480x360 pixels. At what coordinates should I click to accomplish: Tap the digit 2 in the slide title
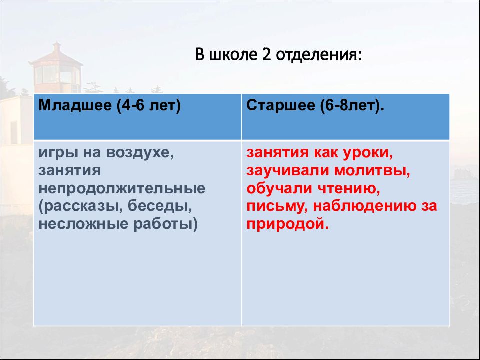coord(267,55)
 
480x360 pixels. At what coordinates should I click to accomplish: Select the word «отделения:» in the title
coord(319,55)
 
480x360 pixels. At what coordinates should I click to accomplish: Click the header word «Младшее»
coord(75,105)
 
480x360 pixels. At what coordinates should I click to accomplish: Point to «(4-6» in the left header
coord(130,106)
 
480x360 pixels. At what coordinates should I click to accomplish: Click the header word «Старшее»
coord(280,106)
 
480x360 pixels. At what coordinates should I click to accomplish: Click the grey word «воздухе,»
coord(140,153)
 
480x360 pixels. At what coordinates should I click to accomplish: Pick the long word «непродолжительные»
coord(122,189)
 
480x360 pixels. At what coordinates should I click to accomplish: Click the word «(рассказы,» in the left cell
coord(81,207)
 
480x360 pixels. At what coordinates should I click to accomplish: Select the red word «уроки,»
coord(367,153)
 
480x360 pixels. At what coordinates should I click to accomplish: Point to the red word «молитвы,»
coord(372,171)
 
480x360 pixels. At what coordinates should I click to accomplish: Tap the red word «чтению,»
coord(348,189)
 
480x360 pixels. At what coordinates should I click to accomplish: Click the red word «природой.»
coord(288,224)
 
